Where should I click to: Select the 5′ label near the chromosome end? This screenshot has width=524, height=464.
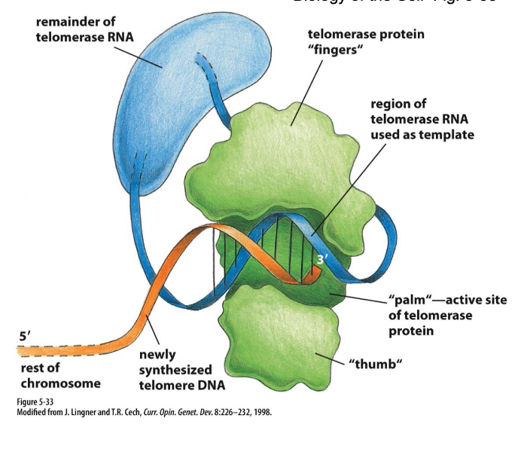pos(25,337)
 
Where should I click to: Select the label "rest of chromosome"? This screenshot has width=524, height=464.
pos(58,377)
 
